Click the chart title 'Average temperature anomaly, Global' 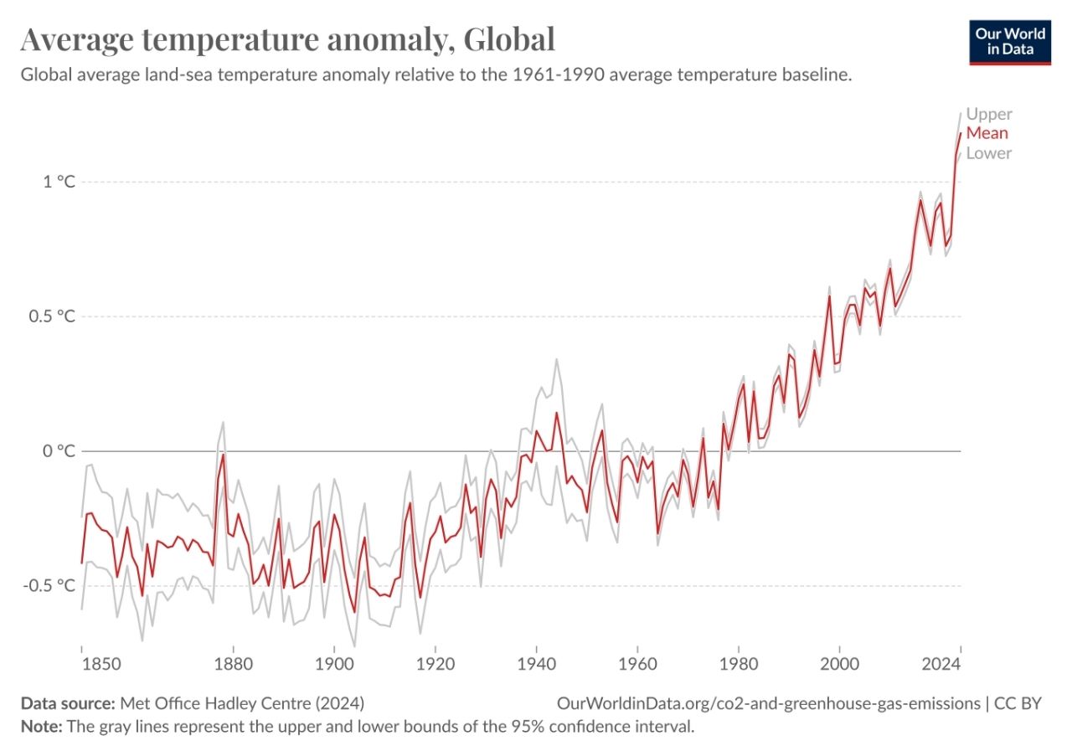[287, 39]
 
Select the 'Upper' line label [988, 114]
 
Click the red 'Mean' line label [987, 133]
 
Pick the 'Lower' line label [988, 153]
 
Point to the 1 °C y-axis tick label [59, 182]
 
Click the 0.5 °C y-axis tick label [53, 316]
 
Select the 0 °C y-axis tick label [59, 451]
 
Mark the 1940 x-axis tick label [536, 664]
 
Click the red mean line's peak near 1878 [223, 455]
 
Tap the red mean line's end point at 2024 [960, 134]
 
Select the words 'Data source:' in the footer [68, 703]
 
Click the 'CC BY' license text [1018, 703]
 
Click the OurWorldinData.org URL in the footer [768, 703]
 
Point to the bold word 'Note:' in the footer [41, 726]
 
